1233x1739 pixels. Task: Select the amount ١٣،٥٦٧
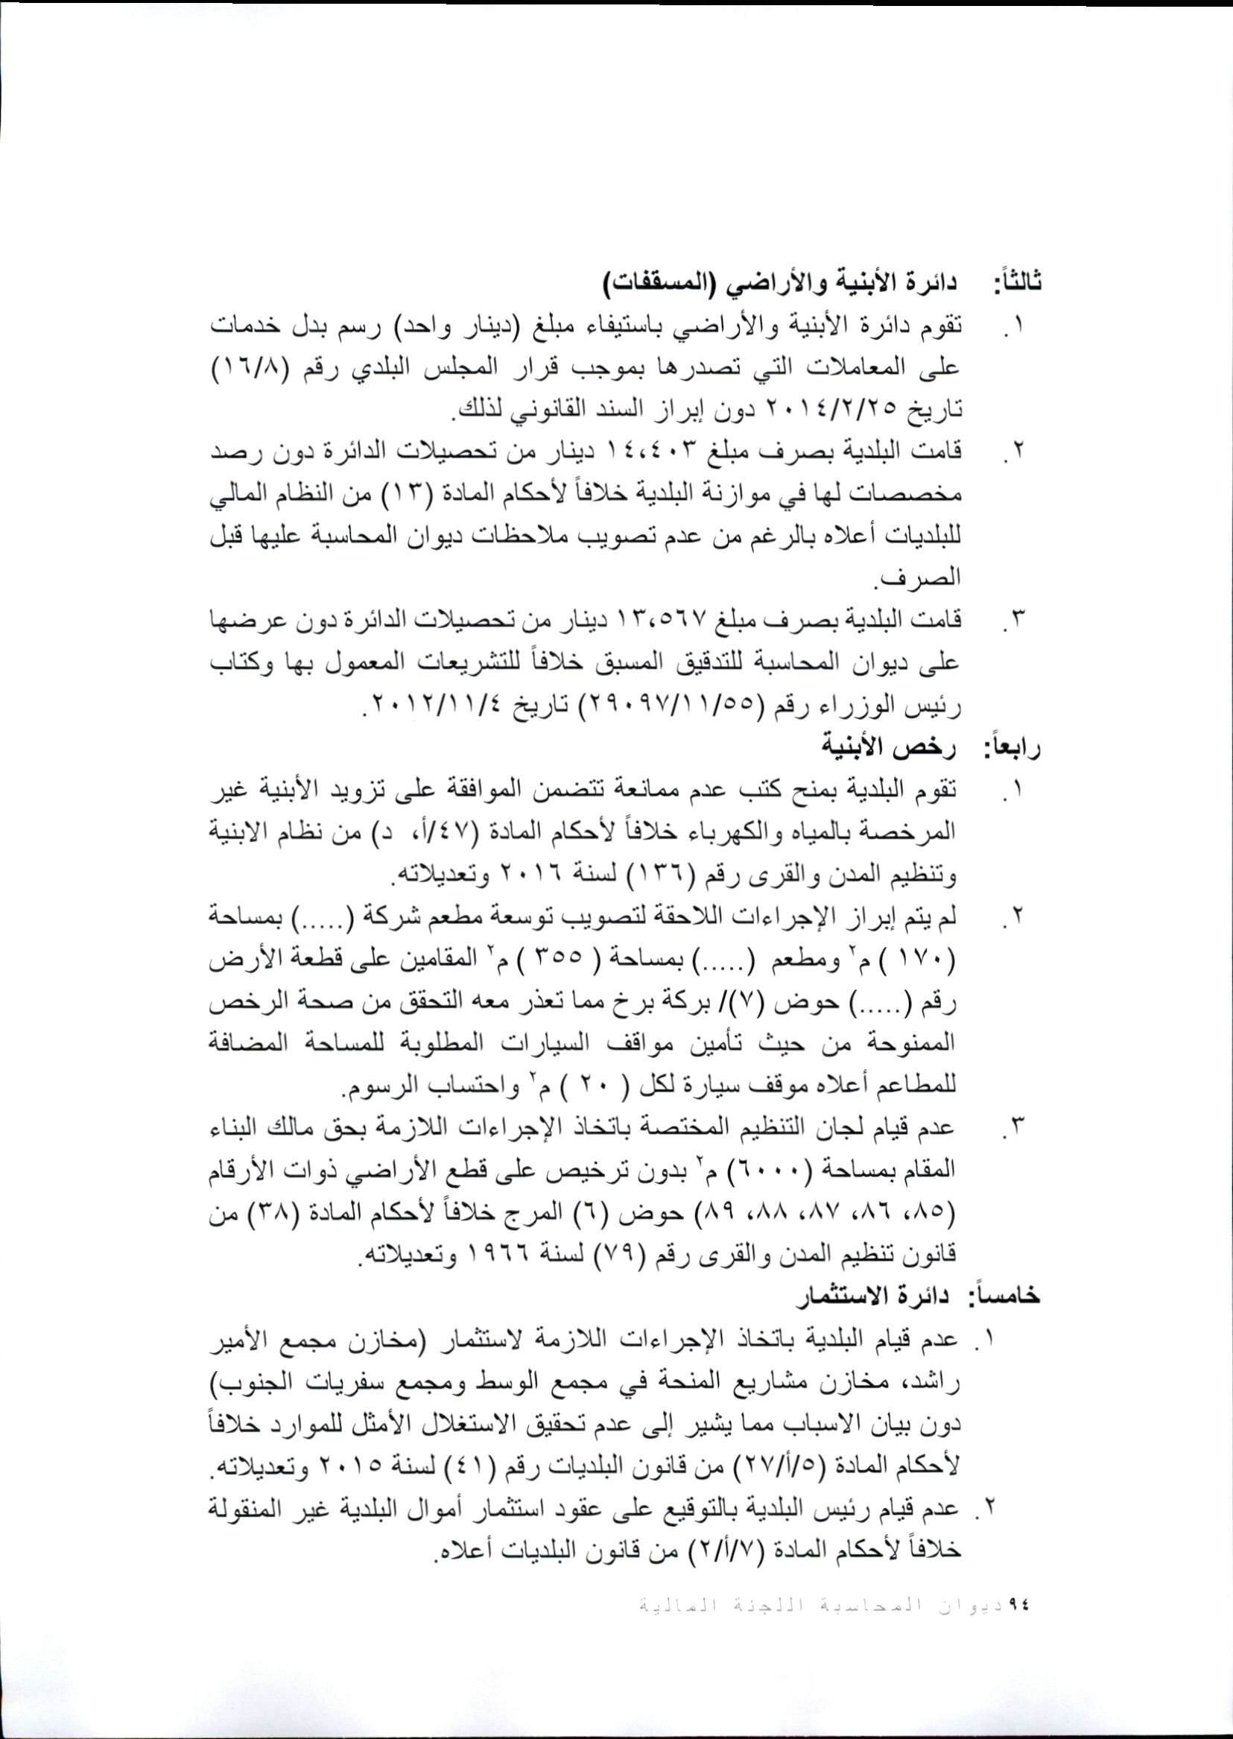[x=756, y=620]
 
